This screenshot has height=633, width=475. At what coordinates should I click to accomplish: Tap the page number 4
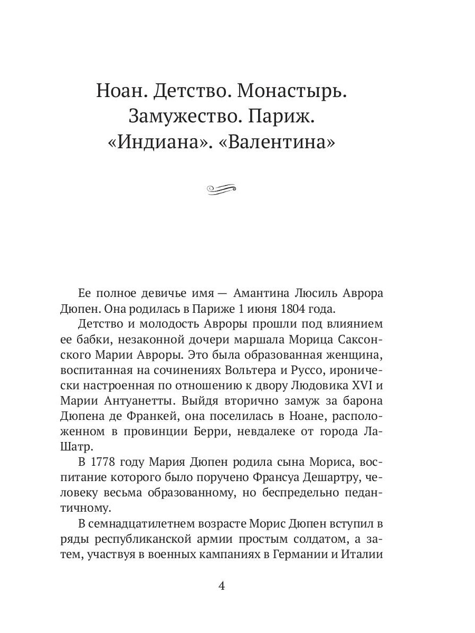tap(222, 587)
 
